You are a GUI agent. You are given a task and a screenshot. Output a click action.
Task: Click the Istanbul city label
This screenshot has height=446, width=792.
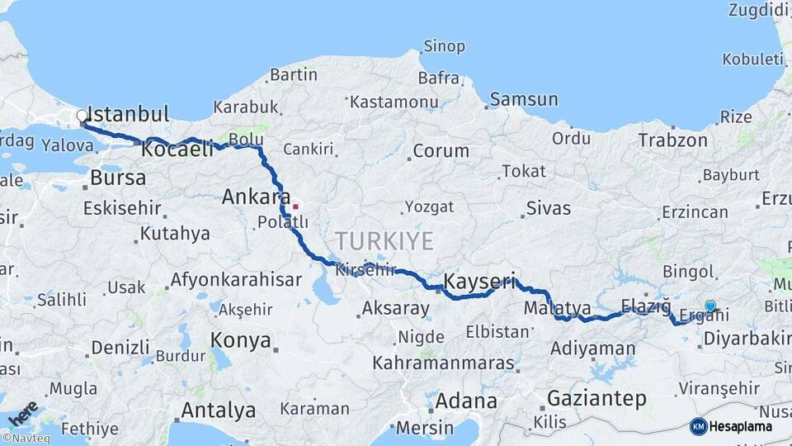coord(127,114)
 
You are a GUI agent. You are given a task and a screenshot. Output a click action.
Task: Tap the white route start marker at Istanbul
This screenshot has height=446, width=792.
coord(82,116)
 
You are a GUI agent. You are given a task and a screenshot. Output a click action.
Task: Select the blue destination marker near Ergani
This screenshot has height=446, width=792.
coord(710,306)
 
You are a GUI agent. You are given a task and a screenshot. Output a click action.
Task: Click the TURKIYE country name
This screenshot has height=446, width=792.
coord(384,241)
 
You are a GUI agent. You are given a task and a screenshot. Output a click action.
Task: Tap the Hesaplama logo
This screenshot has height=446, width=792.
coord(731,426)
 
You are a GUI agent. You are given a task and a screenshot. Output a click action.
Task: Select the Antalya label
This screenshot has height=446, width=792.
coord(218,410)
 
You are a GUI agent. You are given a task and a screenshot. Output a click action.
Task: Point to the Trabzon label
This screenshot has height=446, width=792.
coord(672,140)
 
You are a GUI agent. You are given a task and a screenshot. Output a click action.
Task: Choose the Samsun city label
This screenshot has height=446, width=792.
coord(524,100)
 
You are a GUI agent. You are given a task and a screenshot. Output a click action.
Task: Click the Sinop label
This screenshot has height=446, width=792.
coord(444,46)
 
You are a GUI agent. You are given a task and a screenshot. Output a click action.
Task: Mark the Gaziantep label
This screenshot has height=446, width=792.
coord(596,398)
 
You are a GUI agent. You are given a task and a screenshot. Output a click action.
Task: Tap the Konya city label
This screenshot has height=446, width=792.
coord(240,340)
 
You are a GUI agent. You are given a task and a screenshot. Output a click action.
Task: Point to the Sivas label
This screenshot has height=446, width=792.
coord(548,208)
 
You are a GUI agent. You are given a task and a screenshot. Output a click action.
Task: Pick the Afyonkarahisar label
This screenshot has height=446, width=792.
coord(236,280)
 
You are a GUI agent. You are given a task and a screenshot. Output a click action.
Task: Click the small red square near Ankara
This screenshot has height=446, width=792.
coord(295,206)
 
